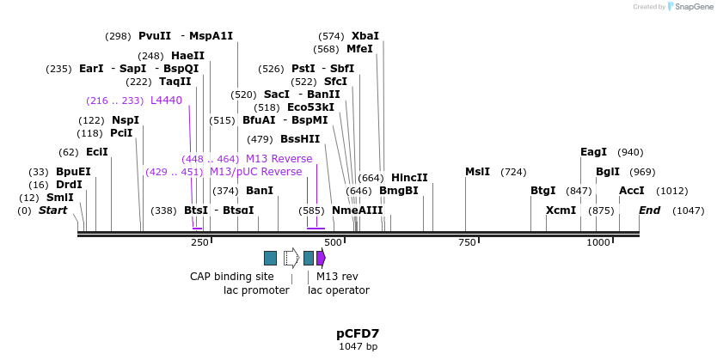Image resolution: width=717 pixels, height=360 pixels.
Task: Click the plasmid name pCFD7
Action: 358,333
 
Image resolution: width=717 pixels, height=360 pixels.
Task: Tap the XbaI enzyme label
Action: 365,36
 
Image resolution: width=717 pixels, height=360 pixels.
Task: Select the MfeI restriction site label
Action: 359,49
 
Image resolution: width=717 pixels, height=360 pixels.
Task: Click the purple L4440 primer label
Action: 166,101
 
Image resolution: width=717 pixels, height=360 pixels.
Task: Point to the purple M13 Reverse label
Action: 279,159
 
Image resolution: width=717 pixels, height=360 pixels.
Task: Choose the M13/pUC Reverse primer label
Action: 256,172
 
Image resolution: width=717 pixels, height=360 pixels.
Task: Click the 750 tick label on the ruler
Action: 466,243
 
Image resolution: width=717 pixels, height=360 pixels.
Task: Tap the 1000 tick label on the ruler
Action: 598,243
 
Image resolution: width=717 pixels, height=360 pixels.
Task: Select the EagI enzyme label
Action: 593,152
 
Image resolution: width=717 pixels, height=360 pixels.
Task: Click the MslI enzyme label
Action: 477,172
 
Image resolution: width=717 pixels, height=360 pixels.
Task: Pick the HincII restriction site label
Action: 409,178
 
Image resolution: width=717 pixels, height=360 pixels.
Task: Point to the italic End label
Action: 650,211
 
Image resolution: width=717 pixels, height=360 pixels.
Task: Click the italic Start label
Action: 52,211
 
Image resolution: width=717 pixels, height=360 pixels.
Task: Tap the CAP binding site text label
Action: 232,277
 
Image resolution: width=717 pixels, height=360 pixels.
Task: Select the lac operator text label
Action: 339,290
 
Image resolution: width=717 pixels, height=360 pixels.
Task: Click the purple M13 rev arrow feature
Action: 321,258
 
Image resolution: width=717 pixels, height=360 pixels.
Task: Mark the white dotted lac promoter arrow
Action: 291,258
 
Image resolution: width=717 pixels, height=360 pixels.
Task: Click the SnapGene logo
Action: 689,7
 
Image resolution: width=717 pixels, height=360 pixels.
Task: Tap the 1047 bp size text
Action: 358,347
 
